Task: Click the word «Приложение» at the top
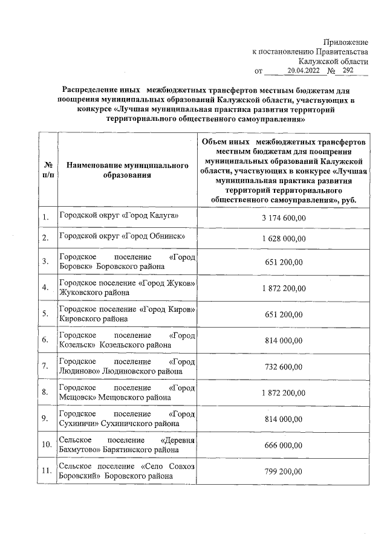345,42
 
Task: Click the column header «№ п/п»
48,169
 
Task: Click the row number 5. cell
45,313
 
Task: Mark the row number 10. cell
46,445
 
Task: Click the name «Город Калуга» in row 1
154,215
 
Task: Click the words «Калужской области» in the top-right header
333,61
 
